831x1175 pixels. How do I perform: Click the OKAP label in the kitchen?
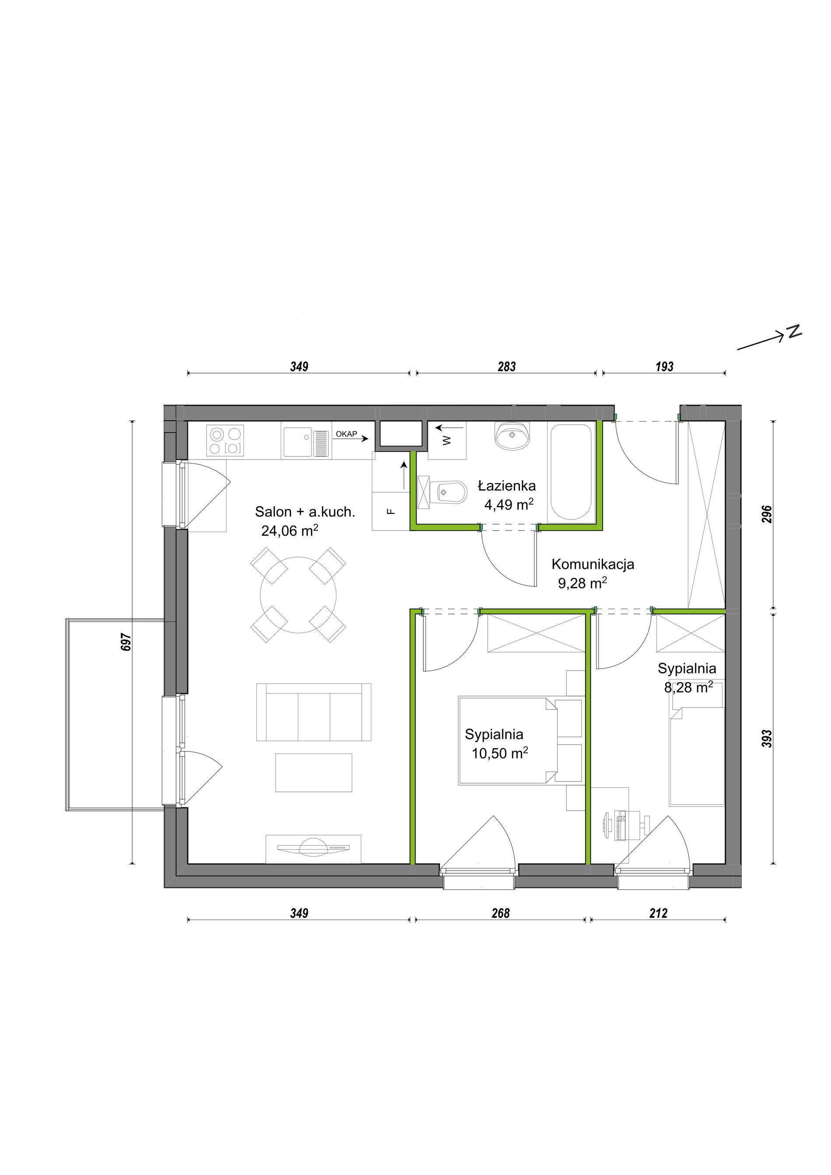click(x=346, y=434)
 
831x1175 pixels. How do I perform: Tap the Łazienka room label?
click(x=506, y=486)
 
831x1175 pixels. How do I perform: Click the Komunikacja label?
click(x=593, y=564)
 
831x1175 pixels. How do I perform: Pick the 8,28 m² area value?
click(x=688, y=687)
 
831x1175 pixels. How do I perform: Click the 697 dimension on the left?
click(x=126, y=642)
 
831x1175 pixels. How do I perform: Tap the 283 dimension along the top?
click(x=506, y=366)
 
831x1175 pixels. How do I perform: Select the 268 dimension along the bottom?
click(x=500, y=914)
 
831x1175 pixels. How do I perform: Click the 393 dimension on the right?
click(x=767, y=739)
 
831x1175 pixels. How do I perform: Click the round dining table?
click(x=298, y=595)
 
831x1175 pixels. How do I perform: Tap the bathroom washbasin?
click(x=512, y=436)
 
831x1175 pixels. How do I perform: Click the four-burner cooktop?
click(x=225, y=441)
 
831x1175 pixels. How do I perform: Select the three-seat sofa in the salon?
click(x=314, y=712)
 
